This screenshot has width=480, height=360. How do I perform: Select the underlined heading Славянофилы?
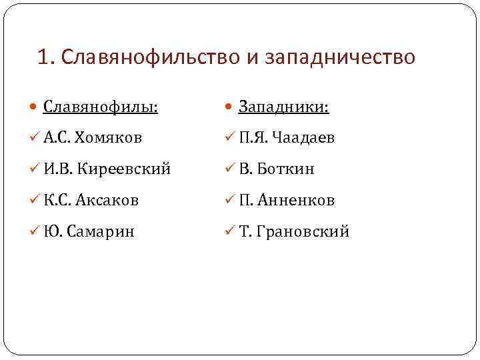point(101,107)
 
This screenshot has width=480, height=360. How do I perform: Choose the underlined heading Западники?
point(285,107)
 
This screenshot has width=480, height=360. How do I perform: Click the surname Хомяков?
point(108,138)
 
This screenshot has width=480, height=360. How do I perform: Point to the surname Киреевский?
point(124,169)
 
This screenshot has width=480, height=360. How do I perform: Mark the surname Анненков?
point(298,200)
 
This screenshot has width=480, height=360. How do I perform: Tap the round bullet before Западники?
point(229,107)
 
